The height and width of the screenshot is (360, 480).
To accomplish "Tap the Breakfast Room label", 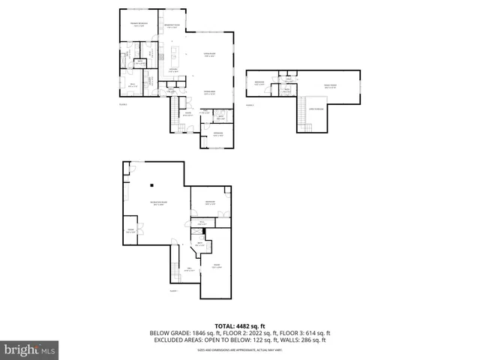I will (x=172, y=26).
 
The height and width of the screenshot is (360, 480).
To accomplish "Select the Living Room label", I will (x=211, y=54).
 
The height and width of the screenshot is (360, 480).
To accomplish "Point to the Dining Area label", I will (x=211, y=92).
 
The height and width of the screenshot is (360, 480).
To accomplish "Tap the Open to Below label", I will (x=316, y=109).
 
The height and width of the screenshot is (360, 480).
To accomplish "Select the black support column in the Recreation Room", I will (x=151, y=185).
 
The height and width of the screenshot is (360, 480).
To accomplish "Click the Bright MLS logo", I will (x=30, y=349).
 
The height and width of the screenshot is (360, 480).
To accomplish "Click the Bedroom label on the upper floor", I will (x=259, y=82).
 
